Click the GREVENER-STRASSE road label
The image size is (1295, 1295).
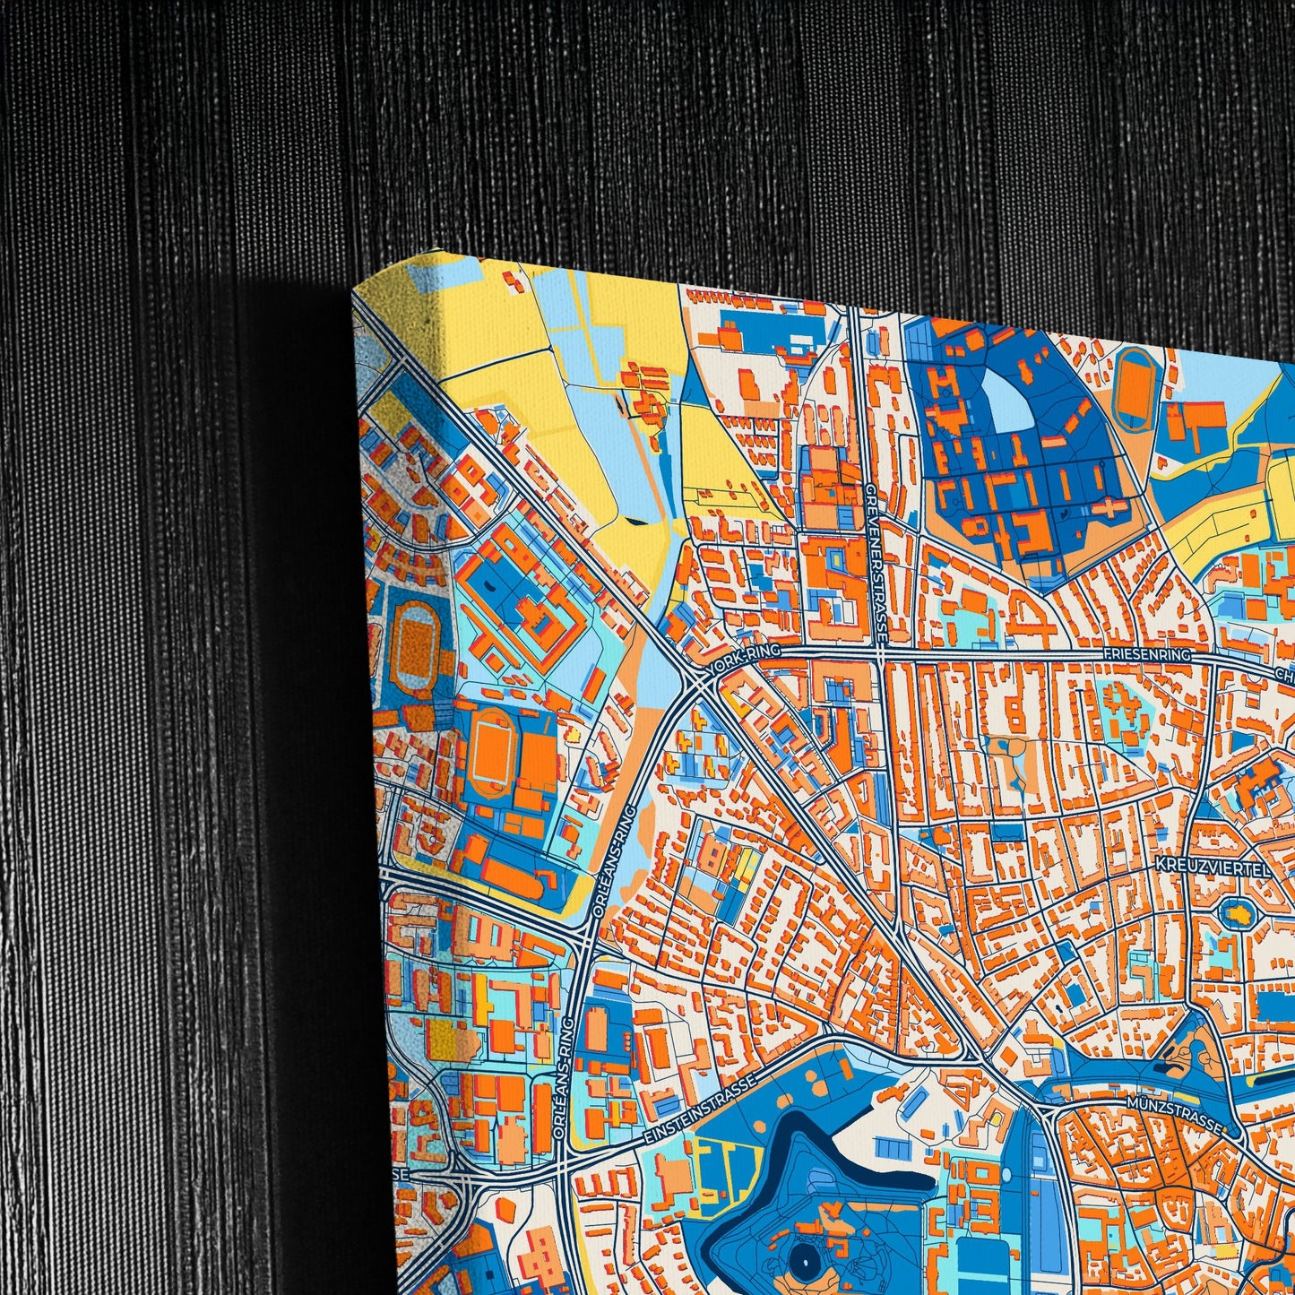pyautogui.click(x=876, y=564)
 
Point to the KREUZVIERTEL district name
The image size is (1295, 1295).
pyautogui.click(x=1201, y=867)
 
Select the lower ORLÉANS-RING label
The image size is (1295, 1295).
pyautogui.click(x=564, y=1075)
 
